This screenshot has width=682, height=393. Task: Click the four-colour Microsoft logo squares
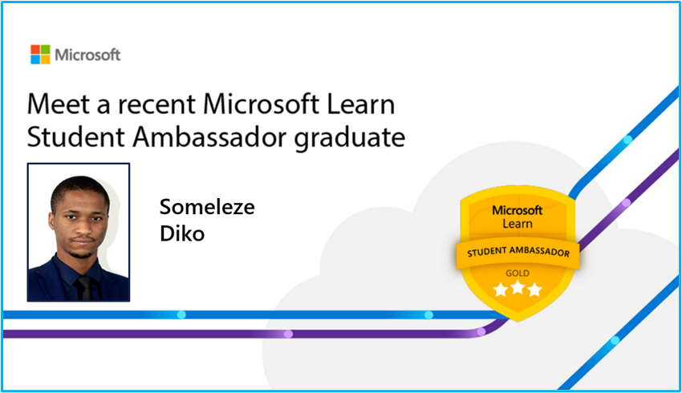[40, 55]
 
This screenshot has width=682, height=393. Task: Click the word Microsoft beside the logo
[87, 55]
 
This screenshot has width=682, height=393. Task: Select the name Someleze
[207, 207]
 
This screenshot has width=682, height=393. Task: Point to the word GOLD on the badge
[518, 273]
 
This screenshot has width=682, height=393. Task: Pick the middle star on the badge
[518, 289]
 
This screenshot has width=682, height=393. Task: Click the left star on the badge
[501, 289]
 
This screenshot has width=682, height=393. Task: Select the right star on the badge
[534, 289]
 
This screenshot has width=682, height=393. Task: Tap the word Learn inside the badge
[518, 224]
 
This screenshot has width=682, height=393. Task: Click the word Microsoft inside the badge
[518, 210]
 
